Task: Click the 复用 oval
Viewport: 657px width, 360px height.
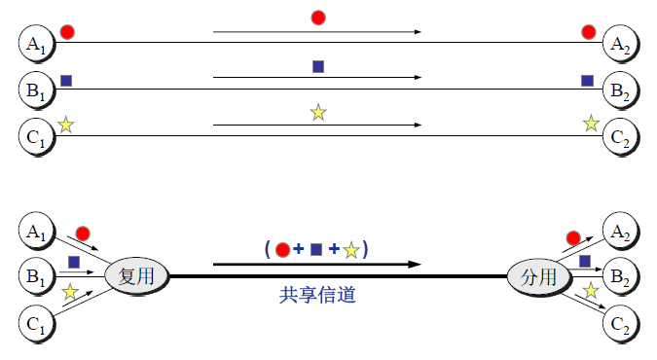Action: (137, 276)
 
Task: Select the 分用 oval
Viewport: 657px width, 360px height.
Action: (537, 277)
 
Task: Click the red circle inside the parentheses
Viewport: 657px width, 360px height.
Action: (283, 250)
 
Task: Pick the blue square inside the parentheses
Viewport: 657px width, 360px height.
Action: (315, 250)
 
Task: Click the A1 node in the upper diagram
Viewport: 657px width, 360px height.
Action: (36, 43)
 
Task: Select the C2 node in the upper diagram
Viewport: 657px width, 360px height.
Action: (620, 135)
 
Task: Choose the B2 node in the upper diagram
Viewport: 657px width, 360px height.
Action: (620, 90)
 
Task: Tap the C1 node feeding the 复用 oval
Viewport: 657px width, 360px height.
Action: (36, 324)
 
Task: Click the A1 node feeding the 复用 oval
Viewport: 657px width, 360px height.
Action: (36, 231)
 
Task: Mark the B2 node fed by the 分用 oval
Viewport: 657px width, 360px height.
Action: (620, 276)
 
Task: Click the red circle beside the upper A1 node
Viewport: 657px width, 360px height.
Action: (67, 32)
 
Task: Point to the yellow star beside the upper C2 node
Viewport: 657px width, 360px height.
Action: (591, 124)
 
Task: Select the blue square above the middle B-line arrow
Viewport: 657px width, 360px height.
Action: (317, 66)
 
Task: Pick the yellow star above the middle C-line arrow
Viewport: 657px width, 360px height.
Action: (317, 113)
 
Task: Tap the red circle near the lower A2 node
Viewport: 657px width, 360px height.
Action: (573, 237)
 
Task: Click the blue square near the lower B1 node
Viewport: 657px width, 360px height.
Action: (73, 262)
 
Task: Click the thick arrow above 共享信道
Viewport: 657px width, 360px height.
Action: (316, 264)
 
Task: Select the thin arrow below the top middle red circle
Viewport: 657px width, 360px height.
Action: (316, 32)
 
